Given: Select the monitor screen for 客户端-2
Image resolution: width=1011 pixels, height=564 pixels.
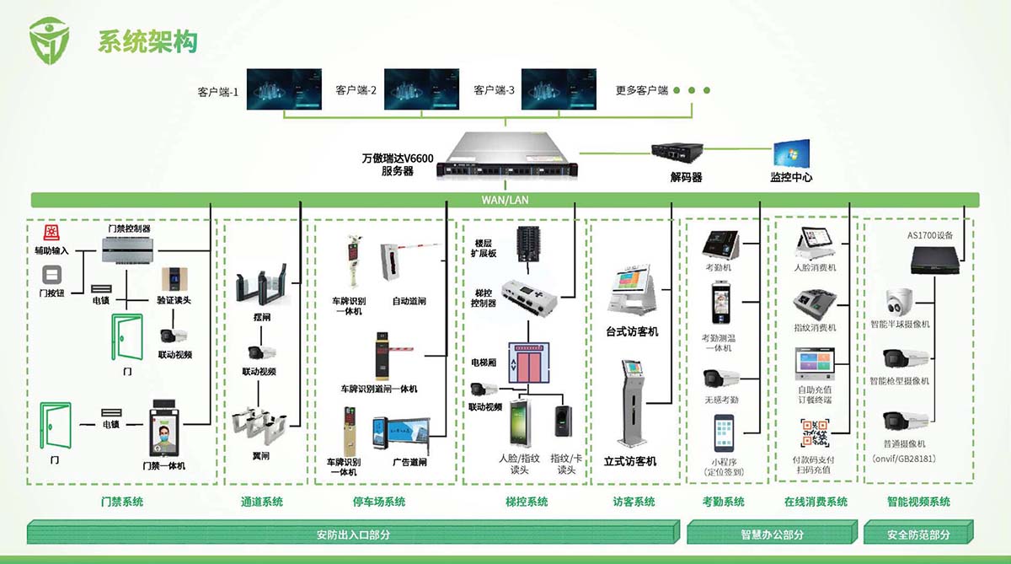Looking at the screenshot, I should [x=420, y=89].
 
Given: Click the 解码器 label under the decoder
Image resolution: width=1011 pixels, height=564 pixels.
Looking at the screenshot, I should [x=686, y=178].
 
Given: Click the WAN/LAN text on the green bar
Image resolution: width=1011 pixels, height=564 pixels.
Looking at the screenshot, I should [x=505, y=201].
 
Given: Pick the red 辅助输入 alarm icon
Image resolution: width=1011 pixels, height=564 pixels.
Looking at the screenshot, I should [x=51, y=234].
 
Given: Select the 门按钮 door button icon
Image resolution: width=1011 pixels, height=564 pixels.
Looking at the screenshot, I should [x=51, y=275].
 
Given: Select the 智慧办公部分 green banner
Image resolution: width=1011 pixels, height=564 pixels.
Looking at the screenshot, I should [x=771, y=534].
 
